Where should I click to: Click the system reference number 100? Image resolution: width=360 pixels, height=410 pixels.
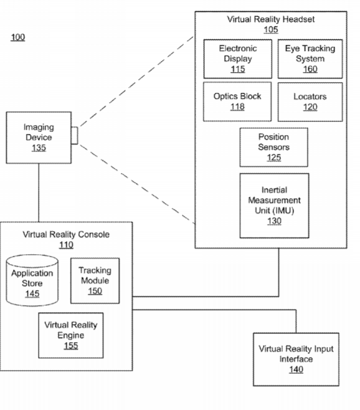pos(18,37)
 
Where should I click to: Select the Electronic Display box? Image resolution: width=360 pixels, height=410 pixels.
pos(238,59)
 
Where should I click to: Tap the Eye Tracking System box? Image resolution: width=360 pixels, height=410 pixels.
pos(310,59)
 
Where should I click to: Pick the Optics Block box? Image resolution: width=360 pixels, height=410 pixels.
pos(237,102)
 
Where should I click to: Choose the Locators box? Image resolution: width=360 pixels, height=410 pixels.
pos(310,102)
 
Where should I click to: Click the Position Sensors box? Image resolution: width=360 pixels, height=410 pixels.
pos(273,147)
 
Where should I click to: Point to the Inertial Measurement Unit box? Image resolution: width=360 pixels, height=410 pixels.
pos(274,206)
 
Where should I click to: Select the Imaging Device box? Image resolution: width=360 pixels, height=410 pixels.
pos(39,138)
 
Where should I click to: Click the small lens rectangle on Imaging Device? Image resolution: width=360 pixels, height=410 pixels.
pos(75,135)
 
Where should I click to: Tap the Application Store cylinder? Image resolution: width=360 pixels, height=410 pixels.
pos(32,280)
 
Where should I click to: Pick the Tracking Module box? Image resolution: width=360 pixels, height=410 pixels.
pos(95,280)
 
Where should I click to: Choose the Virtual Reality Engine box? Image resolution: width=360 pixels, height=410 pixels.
pos(71,335)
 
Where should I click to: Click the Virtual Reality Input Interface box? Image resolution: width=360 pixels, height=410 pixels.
pos(296,360)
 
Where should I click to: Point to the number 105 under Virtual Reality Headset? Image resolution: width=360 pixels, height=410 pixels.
pos(271,29)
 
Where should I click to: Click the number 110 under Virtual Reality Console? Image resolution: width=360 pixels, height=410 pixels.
pos(66,245)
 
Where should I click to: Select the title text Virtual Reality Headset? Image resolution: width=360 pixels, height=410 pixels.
pos(271,19)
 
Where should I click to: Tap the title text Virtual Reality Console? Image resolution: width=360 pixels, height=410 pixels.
pos(66,234)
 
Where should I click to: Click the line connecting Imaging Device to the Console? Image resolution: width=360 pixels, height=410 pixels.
pos(39,193)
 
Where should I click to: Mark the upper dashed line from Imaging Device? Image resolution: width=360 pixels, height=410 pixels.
pos(136,82)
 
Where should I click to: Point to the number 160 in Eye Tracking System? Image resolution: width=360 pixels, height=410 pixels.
pos(310,69)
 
